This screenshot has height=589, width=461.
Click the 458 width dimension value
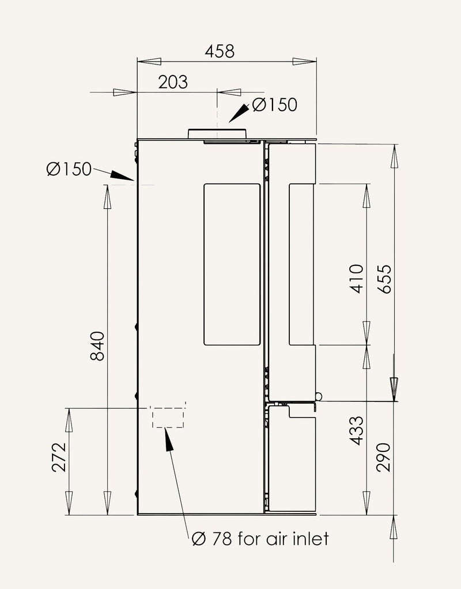pyautogui.click(x=220, y=51)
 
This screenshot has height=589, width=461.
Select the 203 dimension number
pyautogui.click(x=173, y=82)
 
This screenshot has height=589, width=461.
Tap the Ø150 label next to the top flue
pyautogui.click(x=275, y=105)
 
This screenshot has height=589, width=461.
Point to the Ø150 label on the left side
pyautogui.click(x=69, y=169)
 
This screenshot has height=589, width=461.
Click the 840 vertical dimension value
pyautogui.click(x=98, y=346)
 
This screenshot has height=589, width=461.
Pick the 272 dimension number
pyautogui.click(x=59, y=457)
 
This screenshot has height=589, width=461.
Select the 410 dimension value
pyautogui.click(x=357, y=279)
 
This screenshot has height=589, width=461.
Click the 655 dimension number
pyautogui.click(x=384, y=279)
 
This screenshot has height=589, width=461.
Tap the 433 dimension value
pyautogui.click(x=357, y=431)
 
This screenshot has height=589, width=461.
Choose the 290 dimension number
pyautogui.click(x=384, y=457)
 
